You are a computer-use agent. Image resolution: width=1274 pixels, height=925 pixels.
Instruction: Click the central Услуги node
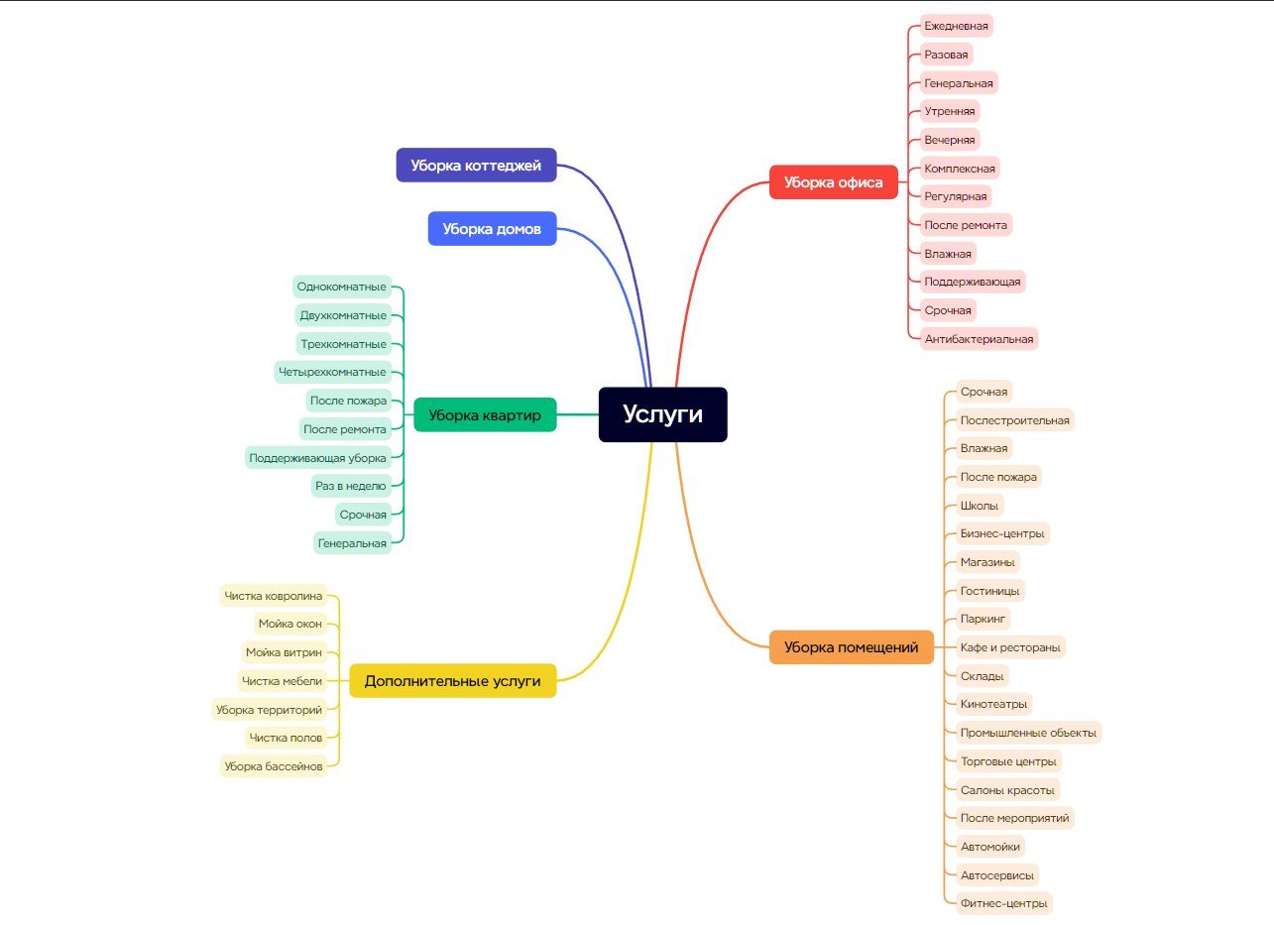(662, 414)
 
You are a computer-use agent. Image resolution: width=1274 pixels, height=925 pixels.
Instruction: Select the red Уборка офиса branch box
(833, 182)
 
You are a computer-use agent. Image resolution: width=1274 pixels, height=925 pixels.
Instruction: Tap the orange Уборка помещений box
(851, 647)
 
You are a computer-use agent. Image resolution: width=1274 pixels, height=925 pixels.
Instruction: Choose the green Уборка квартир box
(485, 415)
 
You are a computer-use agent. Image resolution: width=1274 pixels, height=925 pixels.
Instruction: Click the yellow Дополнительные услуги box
(452, 681)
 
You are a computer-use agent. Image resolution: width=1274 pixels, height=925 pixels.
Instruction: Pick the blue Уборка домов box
(492, 229)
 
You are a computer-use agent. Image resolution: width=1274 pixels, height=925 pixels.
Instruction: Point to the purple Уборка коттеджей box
(476, 166)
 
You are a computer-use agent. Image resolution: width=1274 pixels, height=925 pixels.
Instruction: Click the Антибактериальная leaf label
(979, 339)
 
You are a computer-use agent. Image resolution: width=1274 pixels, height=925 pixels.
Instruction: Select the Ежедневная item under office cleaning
(956, 26)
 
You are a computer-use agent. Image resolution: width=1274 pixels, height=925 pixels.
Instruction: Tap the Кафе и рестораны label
(1010, 648)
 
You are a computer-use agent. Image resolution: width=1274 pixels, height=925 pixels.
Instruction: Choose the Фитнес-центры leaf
(1003, 903)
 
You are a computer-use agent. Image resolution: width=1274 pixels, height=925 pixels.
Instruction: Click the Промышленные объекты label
(1028, 734)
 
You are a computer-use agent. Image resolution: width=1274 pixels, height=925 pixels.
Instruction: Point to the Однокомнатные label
(341, 288)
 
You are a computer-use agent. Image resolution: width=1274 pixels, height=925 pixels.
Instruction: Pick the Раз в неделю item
(350, 486)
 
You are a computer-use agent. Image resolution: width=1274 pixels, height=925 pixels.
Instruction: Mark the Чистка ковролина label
(273, 597)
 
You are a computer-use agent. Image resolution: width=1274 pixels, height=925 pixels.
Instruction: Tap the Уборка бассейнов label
(274, 766)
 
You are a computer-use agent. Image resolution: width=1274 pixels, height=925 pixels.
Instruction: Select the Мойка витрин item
(284, 652)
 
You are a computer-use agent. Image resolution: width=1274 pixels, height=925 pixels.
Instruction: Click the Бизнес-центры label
(1001, 533)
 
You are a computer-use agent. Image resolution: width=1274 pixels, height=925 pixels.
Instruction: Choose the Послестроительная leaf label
(1014, 420)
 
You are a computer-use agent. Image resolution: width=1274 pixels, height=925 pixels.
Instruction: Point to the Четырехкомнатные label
(332, 373)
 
